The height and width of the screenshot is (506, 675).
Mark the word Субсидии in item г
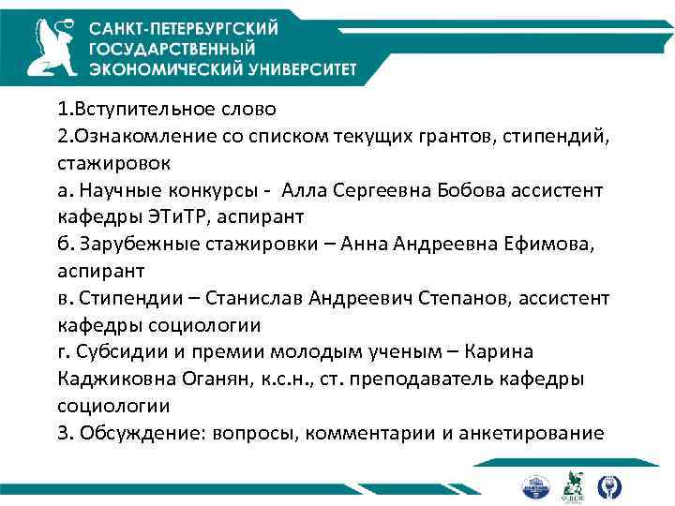point(117,352)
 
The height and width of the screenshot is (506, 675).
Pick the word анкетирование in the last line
point(535,433)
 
